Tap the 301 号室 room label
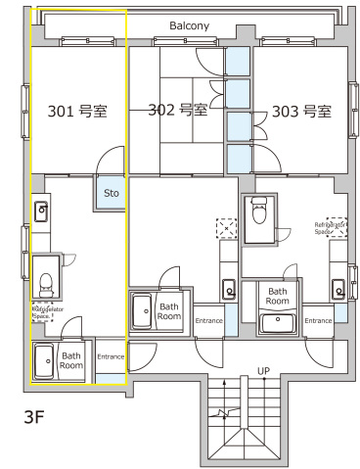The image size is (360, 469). tap(76, 111)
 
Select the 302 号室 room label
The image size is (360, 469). tap(177, 110)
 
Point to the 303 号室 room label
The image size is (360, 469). tap(301, 110)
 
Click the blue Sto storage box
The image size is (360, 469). tap(112, 193)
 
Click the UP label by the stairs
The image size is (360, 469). tap(236, 369)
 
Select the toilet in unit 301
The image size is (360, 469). tap(44, 281)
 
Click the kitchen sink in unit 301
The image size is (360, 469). tap(42, 211)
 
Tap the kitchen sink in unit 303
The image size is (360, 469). tap(339, 289)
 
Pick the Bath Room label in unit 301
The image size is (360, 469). tap(71, 360)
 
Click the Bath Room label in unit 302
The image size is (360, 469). tap(169, 311)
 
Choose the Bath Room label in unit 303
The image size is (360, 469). tap(278, 297)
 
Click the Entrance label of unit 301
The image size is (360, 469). tap(111, 356)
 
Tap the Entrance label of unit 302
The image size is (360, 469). tap(208, 320)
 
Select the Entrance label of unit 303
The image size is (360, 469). tap(318, 320)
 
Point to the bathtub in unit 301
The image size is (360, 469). tap(45, 360)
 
